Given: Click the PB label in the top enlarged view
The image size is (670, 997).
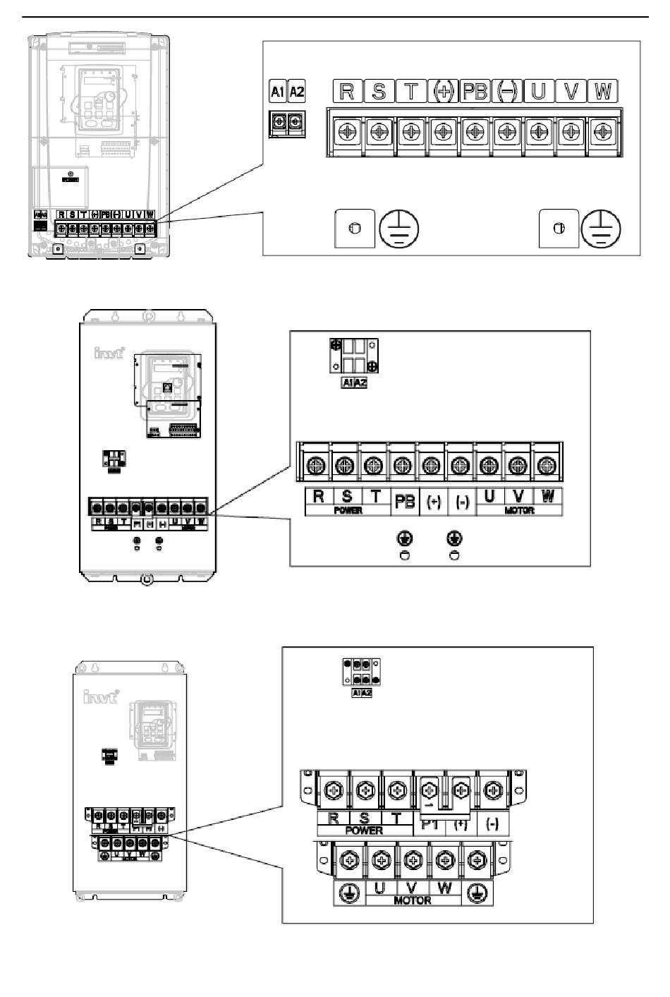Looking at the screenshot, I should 475,92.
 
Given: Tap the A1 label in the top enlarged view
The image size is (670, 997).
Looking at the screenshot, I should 279,92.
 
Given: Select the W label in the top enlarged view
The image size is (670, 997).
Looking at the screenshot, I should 602,92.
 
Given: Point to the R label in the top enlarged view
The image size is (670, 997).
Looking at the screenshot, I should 346,92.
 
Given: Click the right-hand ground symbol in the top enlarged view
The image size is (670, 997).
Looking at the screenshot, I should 601,229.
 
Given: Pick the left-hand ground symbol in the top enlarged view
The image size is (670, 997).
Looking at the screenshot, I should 398,229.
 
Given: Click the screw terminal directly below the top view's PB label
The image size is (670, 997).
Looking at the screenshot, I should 475,132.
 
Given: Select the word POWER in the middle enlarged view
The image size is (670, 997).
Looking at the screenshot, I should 348,510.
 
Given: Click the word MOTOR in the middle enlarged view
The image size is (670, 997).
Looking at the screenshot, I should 519,510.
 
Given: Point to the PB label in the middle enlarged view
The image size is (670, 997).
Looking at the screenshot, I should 405,501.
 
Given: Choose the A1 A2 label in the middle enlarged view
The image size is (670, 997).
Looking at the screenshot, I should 354,382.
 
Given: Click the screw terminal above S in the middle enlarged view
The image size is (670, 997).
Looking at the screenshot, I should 344,465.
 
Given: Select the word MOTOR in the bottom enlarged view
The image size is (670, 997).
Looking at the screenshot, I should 413,900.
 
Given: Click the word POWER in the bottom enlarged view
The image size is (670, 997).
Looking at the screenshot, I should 364,830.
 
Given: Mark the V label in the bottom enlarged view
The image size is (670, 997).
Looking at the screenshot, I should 412,888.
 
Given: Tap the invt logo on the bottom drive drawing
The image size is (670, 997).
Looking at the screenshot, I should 102,697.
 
